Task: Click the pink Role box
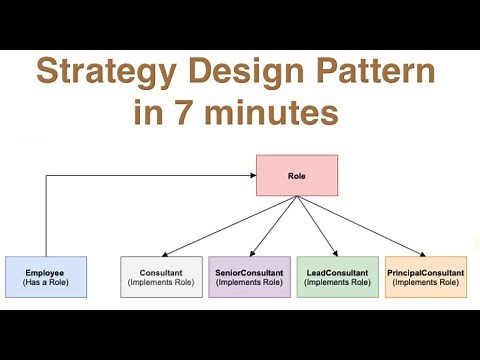[297, 175]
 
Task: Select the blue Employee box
[45, 277]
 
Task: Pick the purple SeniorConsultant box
[248, 277]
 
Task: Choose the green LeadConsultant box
[337, 277]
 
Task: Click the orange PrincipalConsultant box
[426, 277]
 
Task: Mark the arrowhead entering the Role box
[252, 175]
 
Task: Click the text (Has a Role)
[45, 284]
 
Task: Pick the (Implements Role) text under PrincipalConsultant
[426, 284]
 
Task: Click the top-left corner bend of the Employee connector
[45, 175]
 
